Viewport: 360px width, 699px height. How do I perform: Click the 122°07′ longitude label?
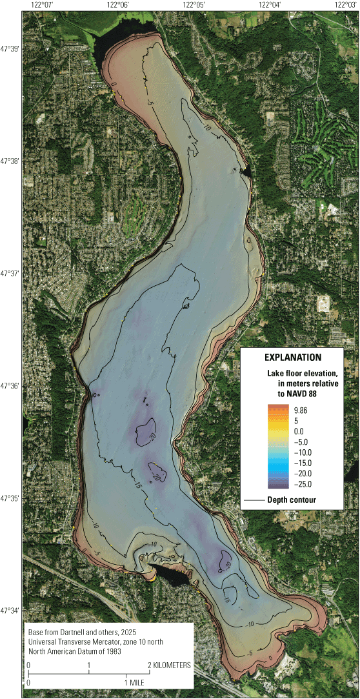(42, 5)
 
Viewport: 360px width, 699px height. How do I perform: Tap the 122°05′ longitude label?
(194, 5)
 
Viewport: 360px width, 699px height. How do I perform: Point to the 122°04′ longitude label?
(270, 5)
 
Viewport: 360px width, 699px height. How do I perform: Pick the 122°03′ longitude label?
(345, 5)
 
